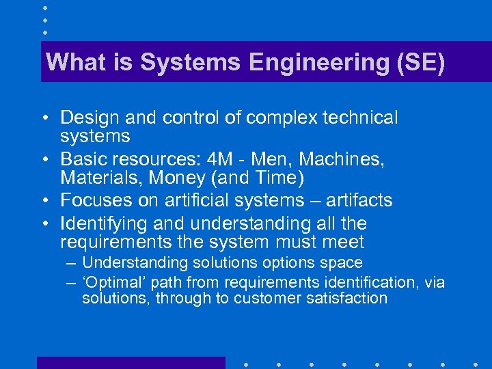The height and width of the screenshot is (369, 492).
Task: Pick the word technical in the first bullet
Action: point(359,118)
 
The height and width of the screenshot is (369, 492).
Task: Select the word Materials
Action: point(99,178)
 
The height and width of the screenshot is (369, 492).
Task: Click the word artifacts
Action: point(358,201)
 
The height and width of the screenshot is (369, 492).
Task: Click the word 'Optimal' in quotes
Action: point(113,282)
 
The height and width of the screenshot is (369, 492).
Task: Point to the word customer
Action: point(267,299)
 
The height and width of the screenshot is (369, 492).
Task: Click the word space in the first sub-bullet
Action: point(344,263)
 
